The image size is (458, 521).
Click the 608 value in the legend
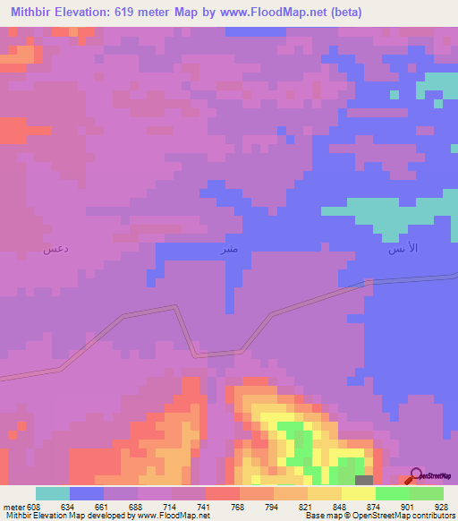click(30, 506)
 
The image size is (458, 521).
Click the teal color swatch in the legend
click(53, 493)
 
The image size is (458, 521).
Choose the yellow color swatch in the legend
click(358, 493)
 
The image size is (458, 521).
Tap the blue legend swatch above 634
click(87, 493)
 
